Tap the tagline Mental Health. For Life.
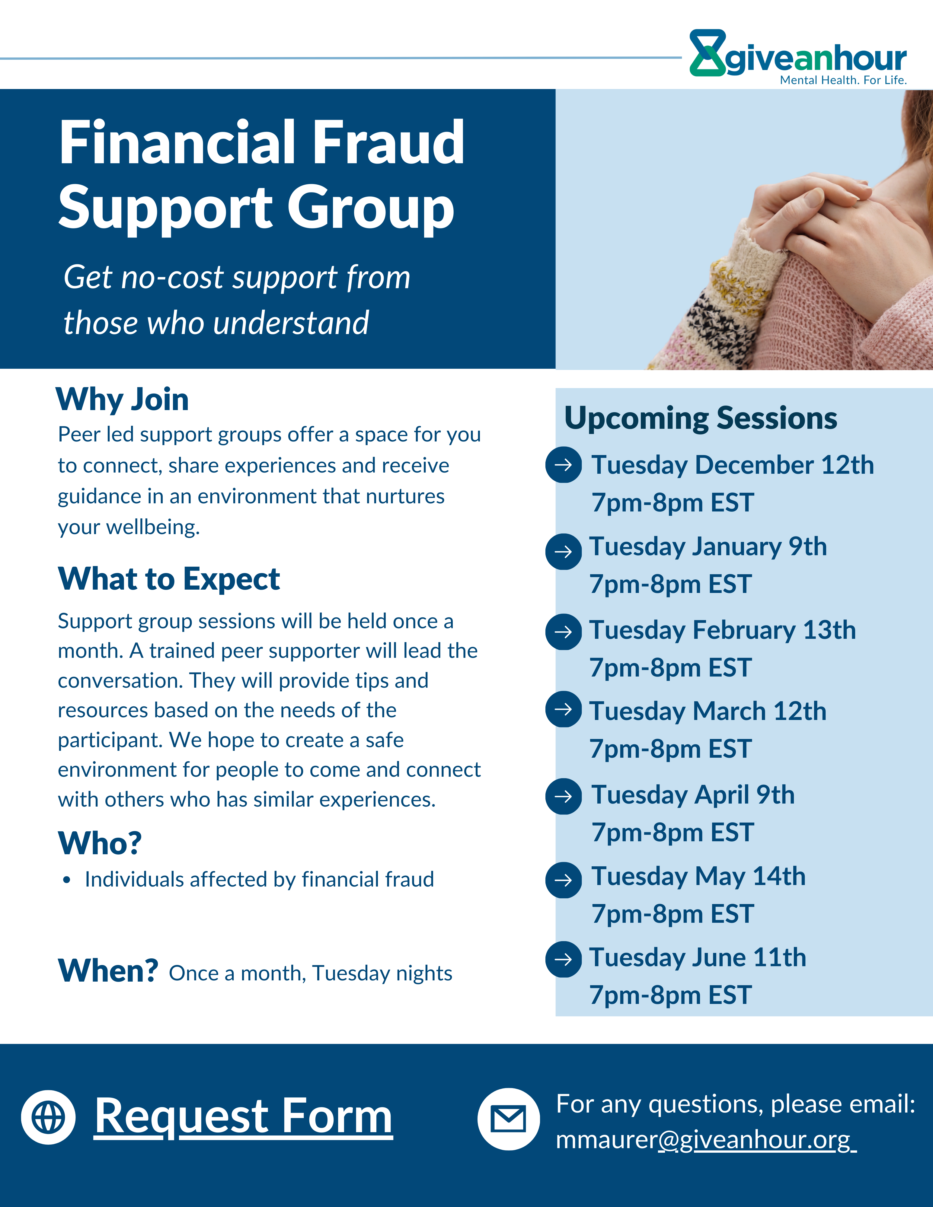(x=843, y=80)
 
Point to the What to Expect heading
(x=169, y=579)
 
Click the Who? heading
(x=100, y=843)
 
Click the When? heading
(x=108, y=971)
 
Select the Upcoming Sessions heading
(x=700, y=418)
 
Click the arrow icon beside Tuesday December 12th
(x=563, y=465)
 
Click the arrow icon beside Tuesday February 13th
(x=563, y=632)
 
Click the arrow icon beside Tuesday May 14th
(x=563, y=880)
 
